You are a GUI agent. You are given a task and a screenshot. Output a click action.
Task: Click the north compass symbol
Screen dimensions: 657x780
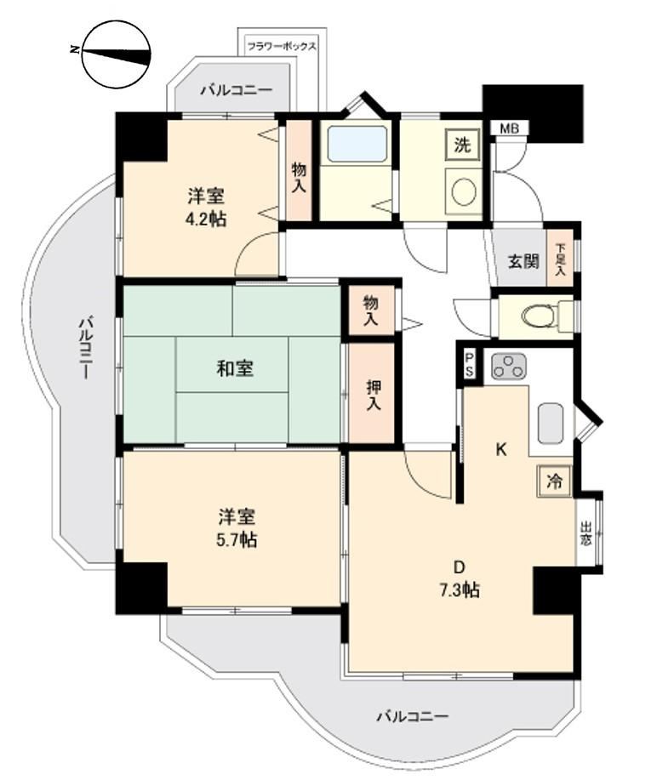point(117,54)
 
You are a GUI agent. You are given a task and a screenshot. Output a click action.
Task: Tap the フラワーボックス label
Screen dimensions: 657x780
point(282,48)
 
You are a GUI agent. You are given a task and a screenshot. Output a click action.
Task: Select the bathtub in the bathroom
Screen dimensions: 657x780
point(357,144)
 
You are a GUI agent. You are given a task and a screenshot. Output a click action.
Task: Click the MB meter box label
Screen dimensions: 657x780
point(510,128)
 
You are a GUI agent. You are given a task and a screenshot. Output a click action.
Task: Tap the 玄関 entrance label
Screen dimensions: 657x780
point(523,261)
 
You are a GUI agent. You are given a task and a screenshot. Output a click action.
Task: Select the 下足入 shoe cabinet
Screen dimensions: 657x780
point(561,259)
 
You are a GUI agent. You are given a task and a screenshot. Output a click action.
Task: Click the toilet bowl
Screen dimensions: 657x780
point(535,316)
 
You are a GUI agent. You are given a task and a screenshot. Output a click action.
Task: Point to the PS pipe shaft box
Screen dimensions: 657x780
point(469,365)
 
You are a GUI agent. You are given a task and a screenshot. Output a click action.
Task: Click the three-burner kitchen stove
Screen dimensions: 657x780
point(509,367)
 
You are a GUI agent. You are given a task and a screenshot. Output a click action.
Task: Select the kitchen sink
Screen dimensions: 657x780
point(551,424)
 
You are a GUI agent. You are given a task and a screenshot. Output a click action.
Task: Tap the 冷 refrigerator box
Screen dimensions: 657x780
point(555,481)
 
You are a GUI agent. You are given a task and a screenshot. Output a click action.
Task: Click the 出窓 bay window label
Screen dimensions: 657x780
point(586,533)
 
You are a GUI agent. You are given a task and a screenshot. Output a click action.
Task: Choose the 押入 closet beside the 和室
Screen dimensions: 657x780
point(374,394)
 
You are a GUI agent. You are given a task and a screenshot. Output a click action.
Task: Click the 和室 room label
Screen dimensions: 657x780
point(235,368)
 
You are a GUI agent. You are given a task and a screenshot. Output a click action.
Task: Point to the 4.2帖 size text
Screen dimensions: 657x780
point(206,219)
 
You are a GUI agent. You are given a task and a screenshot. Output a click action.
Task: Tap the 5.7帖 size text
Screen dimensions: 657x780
point(237,539)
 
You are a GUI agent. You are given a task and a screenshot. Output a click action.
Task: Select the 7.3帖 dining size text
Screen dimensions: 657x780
point(459,590)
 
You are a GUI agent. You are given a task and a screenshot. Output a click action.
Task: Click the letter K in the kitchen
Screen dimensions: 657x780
point(500,450)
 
